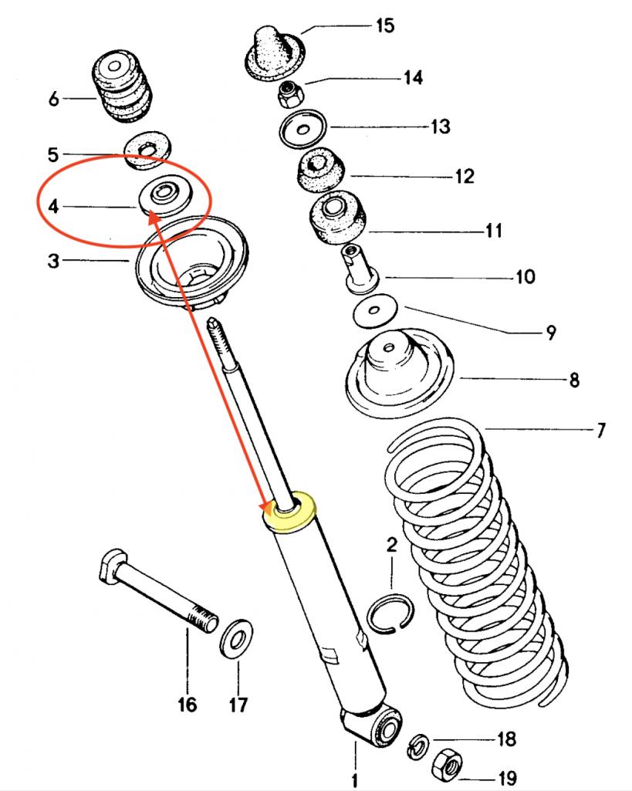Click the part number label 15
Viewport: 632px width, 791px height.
(x=384, y=26)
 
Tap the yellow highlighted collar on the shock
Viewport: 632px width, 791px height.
(x=292, y=511)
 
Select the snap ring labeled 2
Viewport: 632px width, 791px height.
(x=390, y=614)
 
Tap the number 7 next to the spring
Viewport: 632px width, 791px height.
(x=600, y=430)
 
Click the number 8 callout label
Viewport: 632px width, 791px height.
(x=574, y=380)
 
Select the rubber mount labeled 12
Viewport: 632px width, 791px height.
(x=319, y=167)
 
